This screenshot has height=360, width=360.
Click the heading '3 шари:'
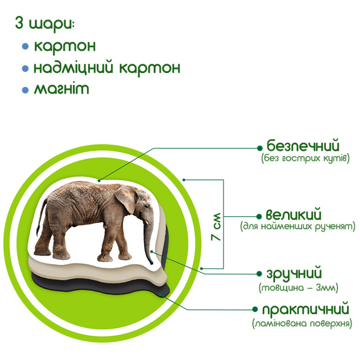(x=45, y=24)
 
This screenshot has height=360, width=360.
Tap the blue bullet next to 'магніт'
(x=25, y=90)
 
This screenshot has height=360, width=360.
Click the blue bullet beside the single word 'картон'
(x=25, y=46)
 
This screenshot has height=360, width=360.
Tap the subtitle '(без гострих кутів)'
(x=305, y=159)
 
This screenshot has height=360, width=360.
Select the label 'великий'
(x=294, y=215)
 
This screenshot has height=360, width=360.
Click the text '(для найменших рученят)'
(x=298, y=226)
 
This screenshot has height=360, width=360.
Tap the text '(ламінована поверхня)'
(x=302, y=324)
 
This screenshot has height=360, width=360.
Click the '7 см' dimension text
(x=216, y=227)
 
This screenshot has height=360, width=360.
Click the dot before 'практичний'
(x=255, y=310)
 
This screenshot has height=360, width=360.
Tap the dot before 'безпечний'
(x=260, y=147)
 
